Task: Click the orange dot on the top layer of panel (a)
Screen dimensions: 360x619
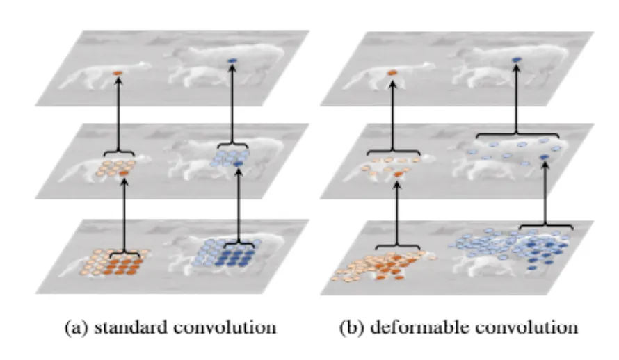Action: pos(118,73)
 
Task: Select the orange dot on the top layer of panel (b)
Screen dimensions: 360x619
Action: pos(392,72)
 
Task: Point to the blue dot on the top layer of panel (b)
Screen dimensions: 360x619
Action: pos(516,61)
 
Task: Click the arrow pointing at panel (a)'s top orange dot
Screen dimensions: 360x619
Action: pos(118,111)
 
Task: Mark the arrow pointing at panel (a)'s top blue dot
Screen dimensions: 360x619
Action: pos(232,104)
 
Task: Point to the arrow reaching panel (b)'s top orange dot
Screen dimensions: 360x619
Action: pos(392,111)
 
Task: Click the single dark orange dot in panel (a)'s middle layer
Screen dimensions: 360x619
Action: pos(124,172)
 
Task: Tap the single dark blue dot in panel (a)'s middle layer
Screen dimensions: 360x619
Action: pos(239,163)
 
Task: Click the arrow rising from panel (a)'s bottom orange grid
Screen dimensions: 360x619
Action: pos(124,215)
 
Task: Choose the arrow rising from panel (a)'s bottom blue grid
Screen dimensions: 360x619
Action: pos(239,208)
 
